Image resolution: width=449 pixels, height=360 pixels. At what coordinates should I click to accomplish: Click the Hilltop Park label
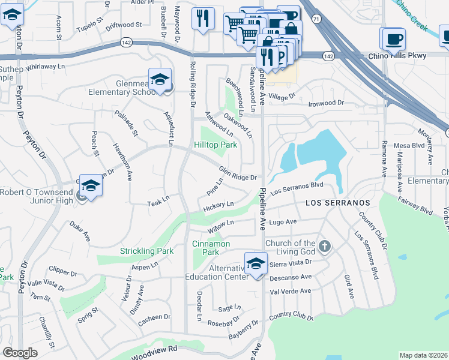pyautogui.click(x=215, y=145)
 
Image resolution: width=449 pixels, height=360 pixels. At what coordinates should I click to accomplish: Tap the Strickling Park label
pyautogui.click(x=146, y=251)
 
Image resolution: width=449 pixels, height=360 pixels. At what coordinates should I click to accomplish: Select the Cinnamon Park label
pyautogui.click(x=211, y=248)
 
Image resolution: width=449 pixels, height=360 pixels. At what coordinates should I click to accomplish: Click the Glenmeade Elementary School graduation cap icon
pyautogui.click(x=160, y=80)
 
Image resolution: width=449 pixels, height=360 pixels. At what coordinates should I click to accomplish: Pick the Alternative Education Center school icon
pyautogui.click(x=256, y=263)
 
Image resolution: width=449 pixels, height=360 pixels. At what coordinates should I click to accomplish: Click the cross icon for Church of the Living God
pyautogui.click(x=324, y=246)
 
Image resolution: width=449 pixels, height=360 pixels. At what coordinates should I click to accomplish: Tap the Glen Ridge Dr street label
pyautogui.click(x=238, y=173)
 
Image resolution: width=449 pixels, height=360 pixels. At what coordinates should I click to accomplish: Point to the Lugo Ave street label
pyautogui.click(x=283, y=222)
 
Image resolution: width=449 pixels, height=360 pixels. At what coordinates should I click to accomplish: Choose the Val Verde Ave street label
pyautogui.click(x=291, y=291)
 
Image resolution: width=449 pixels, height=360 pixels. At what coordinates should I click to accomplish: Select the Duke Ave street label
pyautogui.click(x=79, y=232)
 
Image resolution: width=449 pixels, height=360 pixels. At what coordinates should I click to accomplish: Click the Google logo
pyautogui.click(x=20, y=353)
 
